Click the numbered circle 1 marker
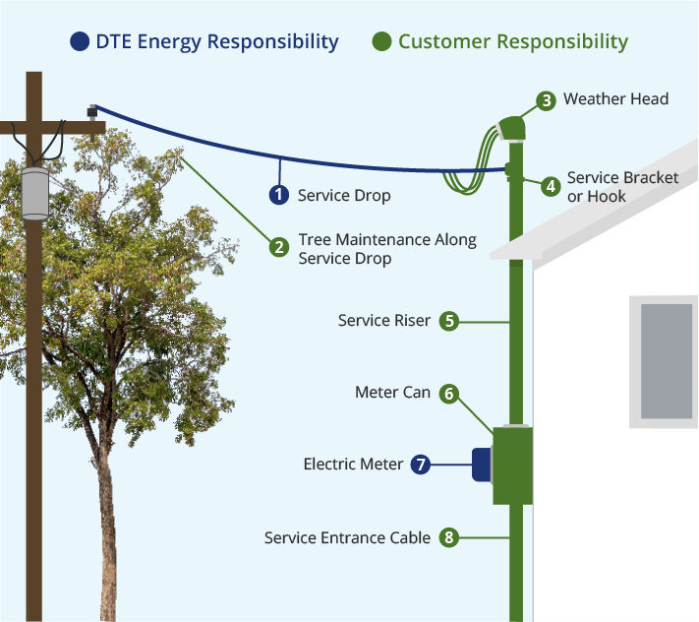coord(280,195)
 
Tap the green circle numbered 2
coord(280,248)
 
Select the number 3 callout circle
coord(547,99)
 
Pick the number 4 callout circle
coord(551,185)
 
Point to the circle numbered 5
coord(448,320)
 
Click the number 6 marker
coord(448,393)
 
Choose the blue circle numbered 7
coord(421,464)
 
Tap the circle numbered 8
coord(448,537)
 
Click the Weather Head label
coord(616,99)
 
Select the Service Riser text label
coord(383,320)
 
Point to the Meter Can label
coord(392,393)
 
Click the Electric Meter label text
coord(353,464)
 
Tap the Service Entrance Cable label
coord(347,537)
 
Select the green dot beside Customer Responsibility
coord(381,41)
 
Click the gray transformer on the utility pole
coord(35,192)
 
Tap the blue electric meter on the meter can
coord(482,466)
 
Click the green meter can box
coord(512,465)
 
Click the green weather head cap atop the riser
coord(509,129)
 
